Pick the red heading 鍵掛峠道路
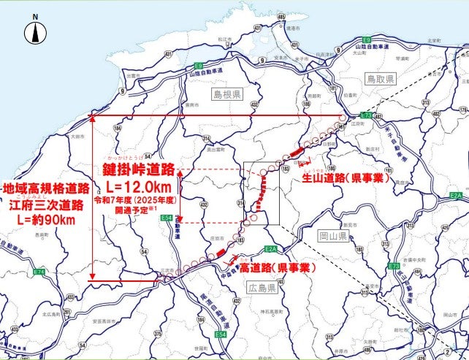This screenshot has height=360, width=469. [138, 170]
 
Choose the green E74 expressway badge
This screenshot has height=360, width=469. [39, 272]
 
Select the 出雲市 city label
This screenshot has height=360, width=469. [133, 75]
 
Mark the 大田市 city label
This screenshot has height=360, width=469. [75, 136]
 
